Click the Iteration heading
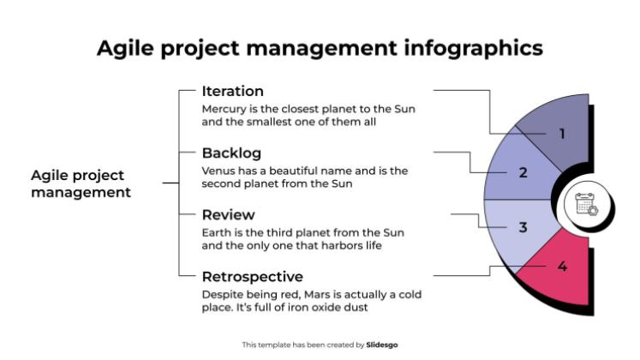click(232, 92)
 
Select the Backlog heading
click(231, 153)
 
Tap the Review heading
click(228, 215)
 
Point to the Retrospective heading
click(252, 277)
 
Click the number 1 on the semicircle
click(562, 134)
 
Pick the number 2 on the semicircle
click(523, 172)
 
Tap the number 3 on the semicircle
click(523, 228)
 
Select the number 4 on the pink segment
click(562, 267)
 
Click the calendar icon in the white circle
click(587, 204)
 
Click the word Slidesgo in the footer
click(382, 345)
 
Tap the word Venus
click(218, 171)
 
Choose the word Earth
click(217, 233)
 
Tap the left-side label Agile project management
click(81, 184)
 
